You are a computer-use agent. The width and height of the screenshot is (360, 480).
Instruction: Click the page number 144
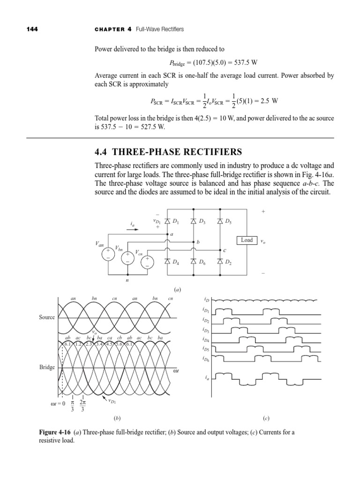tap(31, 29)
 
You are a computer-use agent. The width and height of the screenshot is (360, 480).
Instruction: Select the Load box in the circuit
tap(247, 240)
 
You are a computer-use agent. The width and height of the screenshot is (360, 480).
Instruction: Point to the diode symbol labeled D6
tap(194, 262)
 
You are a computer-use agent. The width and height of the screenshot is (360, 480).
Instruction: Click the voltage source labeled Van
tap(108, 254)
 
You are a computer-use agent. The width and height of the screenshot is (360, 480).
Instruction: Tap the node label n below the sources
tap(127, 280)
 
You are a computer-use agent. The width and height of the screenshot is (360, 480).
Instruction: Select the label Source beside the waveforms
tap(47, 317)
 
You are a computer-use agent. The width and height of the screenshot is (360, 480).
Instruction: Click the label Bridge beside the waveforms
tap(47, 367)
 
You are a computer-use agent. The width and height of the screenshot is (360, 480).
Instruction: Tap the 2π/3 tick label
tap(83, 406)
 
